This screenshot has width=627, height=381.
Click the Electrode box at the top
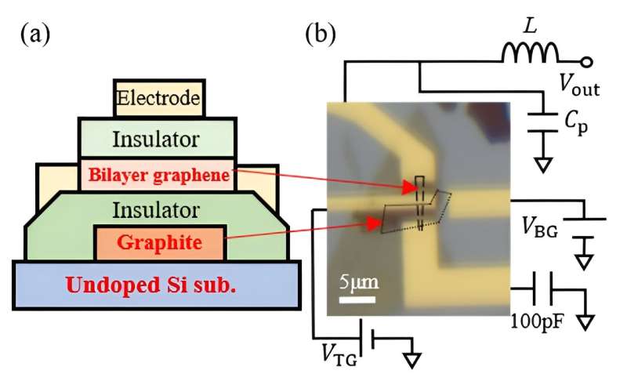[x=160, y=98]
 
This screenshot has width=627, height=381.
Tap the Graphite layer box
[x=160, y=243]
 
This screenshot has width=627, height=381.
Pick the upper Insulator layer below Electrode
[x=157, y=138]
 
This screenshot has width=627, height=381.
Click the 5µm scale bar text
[x=355, y=281]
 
